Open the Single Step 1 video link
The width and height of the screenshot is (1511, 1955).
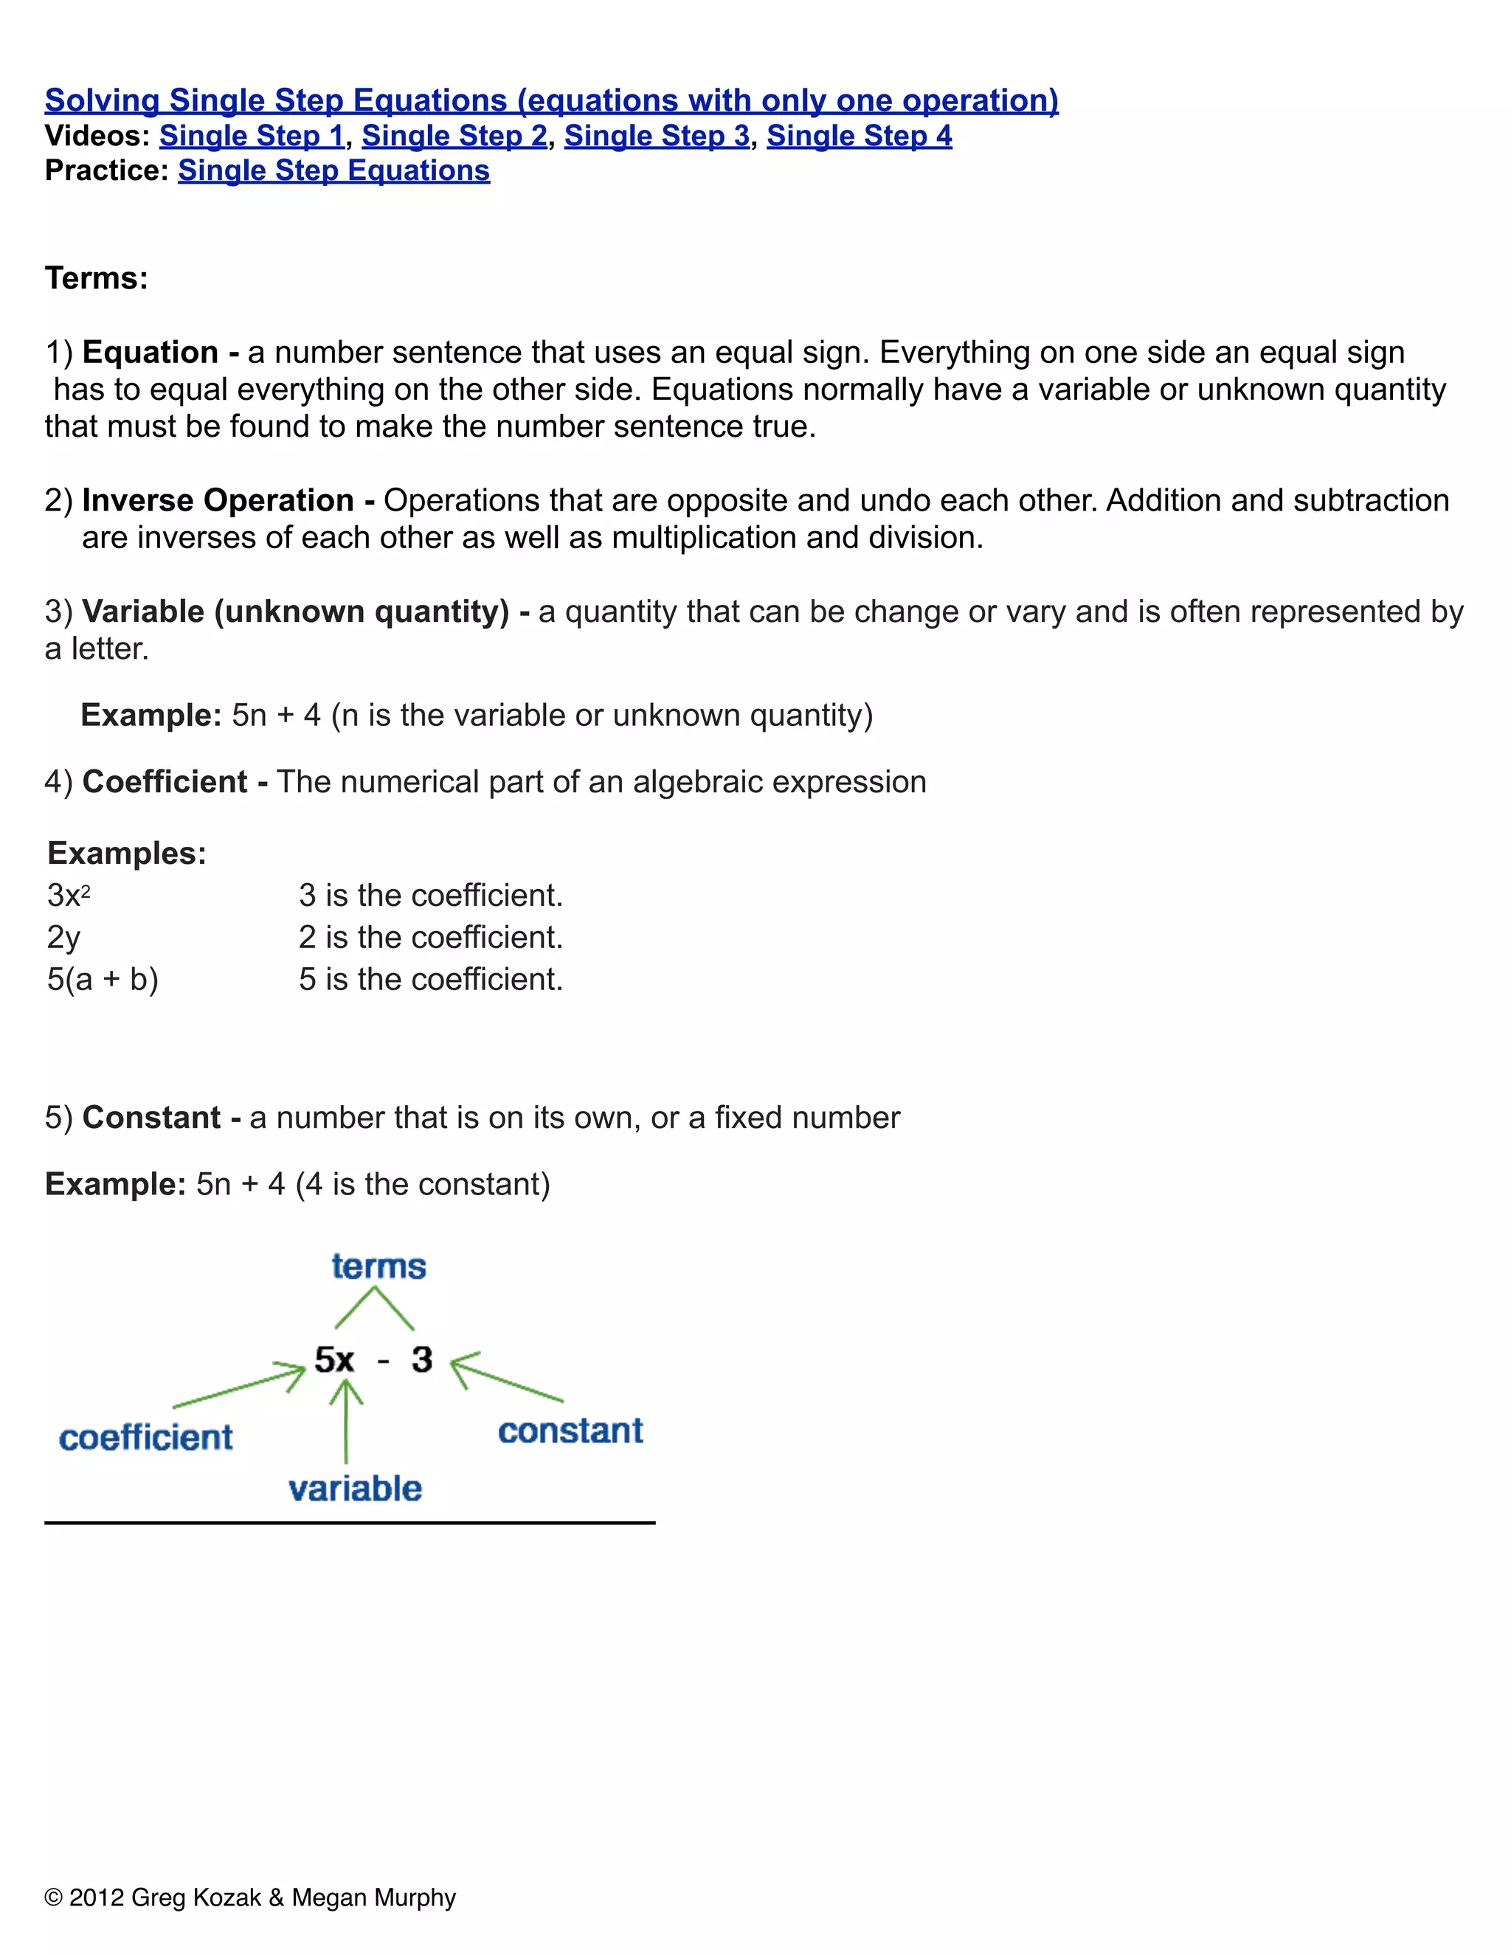[252, 136]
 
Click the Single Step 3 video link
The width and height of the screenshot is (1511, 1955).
[656, 136]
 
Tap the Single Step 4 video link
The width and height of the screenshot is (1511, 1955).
[859, 136]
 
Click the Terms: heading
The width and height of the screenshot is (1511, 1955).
[97, 278]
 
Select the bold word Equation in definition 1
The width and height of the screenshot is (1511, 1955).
[150, 353]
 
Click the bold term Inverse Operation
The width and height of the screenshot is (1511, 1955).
[218, 500]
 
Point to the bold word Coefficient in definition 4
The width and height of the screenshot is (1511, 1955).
[165, 782]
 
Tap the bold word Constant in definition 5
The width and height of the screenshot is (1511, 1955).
[151, 1118]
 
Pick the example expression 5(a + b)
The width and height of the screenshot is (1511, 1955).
[102, 979]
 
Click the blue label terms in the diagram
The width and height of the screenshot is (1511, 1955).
[378, 1267]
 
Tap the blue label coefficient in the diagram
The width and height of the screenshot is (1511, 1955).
[146, 1439]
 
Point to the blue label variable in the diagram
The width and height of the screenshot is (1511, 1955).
[356, 1489]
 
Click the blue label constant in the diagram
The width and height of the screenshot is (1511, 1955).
[570, 1431]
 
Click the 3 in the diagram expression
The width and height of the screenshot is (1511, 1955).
[421, 1360]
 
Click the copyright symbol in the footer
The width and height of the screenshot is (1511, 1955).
[54, 1897]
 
